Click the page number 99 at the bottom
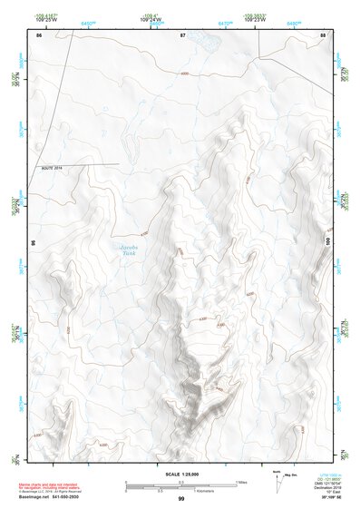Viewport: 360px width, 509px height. [181, 499]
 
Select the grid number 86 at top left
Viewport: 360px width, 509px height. [38, 34]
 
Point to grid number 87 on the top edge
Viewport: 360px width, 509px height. [182, 34]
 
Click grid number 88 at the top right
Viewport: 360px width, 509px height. [324, 34]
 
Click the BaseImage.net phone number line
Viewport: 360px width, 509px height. [50, 497]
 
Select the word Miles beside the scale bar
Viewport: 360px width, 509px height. [241, 482]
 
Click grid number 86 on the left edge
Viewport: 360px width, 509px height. [34, 243]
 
